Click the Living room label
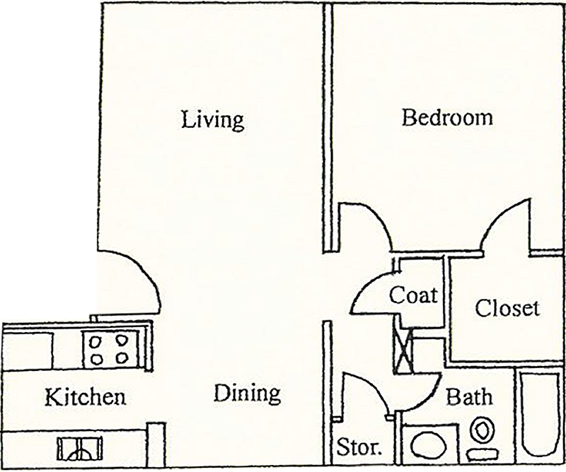pyautogui.click(x=213, y=120)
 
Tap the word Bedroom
pyautogui.click(x=447, y=118)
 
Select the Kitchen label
pyautogui.click(x=86, y=396)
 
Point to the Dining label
pyautogui.click(x=247, y=394)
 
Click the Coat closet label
pyautogui.click(x=414, y=295)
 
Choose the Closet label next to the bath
pyautogui.click(x=507, y=309)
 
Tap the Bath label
pyautogui.click(x=469, y=396)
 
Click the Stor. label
pyautogui.click(x=359, y=447)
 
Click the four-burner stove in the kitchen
pyautogui.click(x=110, y=349)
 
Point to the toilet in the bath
pyautogui.click(x=482, y=439)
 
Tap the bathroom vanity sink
pyautogui.click(x=429, y=445)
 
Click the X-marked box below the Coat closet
pyautogui.click(x=403, y=351)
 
